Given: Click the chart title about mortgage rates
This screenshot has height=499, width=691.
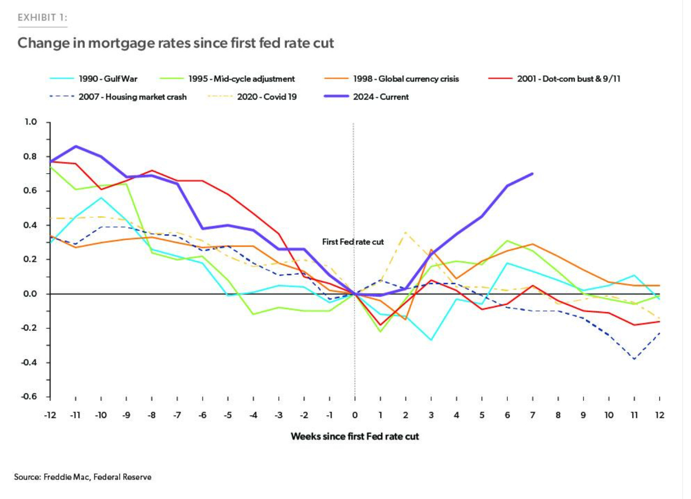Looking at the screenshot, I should [176, 43].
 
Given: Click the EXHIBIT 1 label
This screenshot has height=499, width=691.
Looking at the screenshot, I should [42, 18].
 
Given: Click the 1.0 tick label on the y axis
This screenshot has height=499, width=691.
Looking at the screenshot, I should [30, 122].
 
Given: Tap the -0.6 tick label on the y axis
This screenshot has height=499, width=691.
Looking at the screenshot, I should [29, 397].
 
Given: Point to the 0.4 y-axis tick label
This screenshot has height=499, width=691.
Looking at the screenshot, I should [30, 225].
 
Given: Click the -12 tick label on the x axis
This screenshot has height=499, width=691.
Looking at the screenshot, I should [50, 415].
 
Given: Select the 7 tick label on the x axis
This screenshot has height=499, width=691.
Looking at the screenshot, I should [532, 415].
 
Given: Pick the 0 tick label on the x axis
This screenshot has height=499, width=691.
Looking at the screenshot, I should [355, 415].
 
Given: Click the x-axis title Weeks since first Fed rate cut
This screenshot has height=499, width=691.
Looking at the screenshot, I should [355, 437].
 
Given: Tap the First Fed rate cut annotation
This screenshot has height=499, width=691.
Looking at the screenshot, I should [353, 242].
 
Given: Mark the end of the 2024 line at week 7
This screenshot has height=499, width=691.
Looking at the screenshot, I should [532, 174].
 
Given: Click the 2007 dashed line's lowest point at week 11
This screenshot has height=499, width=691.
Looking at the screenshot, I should [634, 359].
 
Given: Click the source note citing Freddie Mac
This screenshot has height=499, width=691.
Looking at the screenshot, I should [83, 477].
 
